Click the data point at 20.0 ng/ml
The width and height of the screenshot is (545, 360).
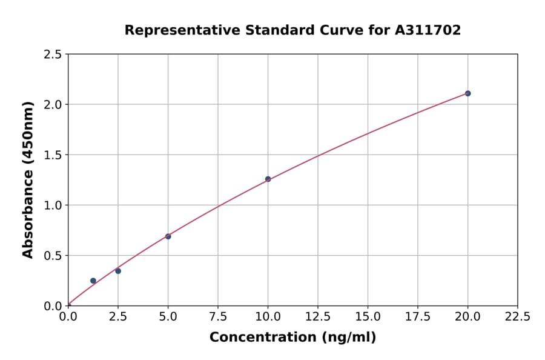pos(467,93)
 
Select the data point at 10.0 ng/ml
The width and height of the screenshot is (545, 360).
pos(268,179)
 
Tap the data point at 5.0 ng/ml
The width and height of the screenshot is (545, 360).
pos(168,236)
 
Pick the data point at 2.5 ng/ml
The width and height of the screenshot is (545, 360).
pos(118,271)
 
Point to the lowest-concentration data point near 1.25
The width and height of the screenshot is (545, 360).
pos(93,281)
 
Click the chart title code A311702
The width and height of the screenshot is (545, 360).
pos(429,30)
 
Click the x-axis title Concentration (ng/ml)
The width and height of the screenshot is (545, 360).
pos(292,337)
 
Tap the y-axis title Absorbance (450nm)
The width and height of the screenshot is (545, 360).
pos(28,179)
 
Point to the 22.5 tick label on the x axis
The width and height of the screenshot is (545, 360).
pos(517,316)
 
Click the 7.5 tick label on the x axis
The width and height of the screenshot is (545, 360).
pos(218,316)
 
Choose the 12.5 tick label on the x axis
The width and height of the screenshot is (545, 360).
pos(317,316)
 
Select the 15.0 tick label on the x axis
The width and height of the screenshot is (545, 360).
pos(368,316)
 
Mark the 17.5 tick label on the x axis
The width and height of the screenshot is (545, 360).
pos(417,316)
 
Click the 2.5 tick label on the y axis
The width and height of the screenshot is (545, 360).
pos(53,55)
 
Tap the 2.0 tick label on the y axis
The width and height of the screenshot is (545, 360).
pos(53,105)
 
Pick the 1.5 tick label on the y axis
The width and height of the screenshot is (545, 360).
pos(53,155)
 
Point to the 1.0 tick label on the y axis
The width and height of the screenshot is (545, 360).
pos(53,205)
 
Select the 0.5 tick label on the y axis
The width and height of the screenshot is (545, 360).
pos(53,256)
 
